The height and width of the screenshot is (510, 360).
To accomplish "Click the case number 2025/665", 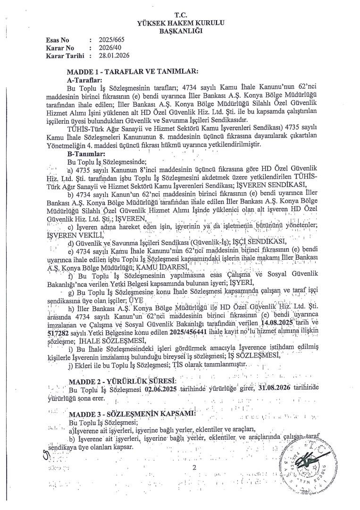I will click(x=109, y=41).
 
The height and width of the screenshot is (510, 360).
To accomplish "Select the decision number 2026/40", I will click(x=107, y=48).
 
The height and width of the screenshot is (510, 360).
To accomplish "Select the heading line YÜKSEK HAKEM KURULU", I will click(x=180, y=23).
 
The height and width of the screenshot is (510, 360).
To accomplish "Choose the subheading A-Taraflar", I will click(x=85, y=80).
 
